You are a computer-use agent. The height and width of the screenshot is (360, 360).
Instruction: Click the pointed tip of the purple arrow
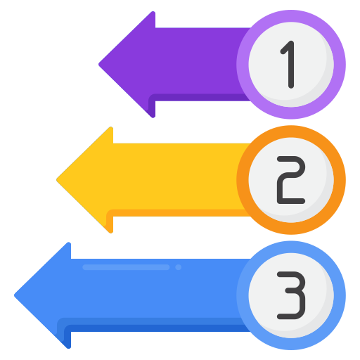click(99, 64)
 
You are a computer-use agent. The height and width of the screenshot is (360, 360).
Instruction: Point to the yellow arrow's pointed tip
click(57, 180)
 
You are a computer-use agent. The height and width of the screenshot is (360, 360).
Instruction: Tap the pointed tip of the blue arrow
click(15, 295)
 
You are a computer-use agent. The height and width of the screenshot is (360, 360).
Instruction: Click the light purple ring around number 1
click(291, 16)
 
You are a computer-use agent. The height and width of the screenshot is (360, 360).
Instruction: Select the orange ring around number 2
click(291, 131)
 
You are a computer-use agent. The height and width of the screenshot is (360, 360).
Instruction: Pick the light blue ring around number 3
click(291, 247)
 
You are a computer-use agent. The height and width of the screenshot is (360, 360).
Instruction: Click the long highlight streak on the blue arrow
click(126, 267)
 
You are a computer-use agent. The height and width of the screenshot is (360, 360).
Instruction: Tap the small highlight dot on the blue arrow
click(179, 267)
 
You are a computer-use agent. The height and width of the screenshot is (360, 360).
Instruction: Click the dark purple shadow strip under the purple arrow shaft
click(199, 98)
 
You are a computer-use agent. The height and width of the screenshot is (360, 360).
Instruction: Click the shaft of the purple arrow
click(197, 61)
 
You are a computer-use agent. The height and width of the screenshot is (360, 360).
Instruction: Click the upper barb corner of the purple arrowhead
click(153, 12)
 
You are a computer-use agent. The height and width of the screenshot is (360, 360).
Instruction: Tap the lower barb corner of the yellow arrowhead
click(111, 232)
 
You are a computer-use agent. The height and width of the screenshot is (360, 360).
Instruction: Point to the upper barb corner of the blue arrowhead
click(69, 243)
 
